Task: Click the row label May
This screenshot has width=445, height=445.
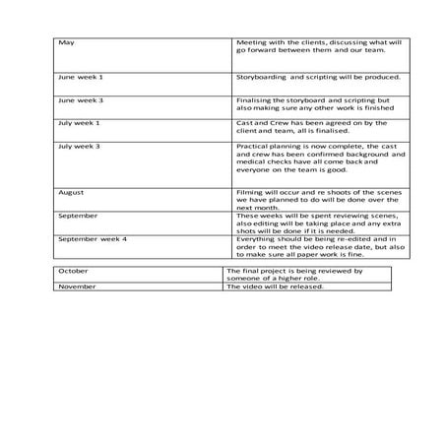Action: (x=66, y=43)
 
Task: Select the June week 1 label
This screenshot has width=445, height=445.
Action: (x=81, y=76)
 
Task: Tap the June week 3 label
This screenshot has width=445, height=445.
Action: (x=81, y=99)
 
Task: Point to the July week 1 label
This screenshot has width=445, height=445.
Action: (x=79, y=122)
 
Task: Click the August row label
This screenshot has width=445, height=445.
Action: (x=72, y=192)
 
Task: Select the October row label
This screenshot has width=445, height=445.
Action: (x=74, y=270)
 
